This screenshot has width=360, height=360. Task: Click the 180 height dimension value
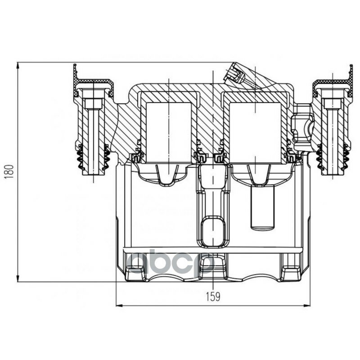click(x=10, y=171)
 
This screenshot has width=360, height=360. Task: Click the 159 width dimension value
click(x=212, y=297)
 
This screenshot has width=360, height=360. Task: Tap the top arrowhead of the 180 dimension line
click(x=18, y=65)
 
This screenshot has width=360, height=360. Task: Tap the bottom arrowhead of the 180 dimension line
click(x=18, y=278)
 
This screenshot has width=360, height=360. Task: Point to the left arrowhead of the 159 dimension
click(x=119, y=306)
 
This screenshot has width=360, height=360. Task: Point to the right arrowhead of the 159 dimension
click(x=307, y=306)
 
